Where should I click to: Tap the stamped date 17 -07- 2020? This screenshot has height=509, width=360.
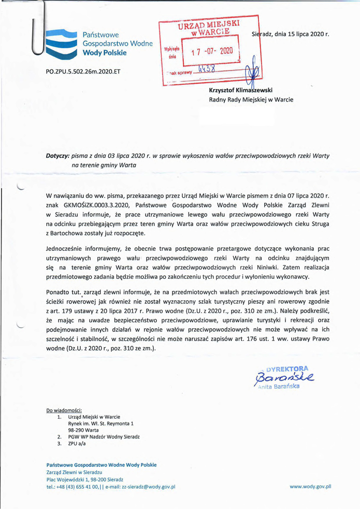[x=212, y=51]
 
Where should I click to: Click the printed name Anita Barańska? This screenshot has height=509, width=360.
[x=285, y=386]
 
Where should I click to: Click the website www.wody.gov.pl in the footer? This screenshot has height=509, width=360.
[x=310, y=487]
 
